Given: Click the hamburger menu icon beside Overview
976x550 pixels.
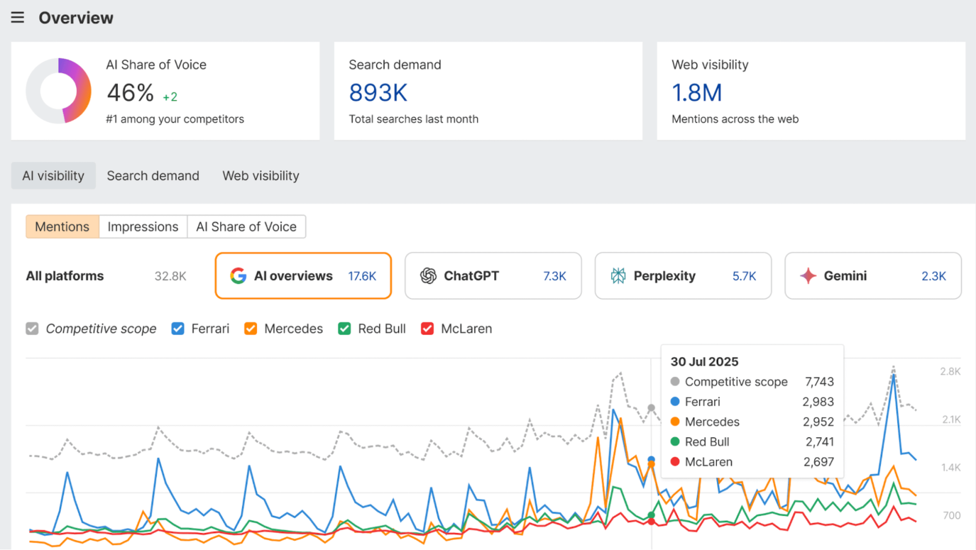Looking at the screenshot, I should tap(18, 18).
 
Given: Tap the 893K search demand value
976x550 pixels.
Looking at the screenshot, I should tap(378, 93).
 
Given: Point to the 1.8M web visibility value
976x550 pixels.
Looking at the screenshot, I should tap(697, 93).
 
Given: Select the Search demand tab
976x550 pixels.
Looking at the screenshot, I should tap(153, 176).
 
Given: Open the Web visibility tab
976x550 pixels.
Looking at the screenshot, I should tap(260, 176).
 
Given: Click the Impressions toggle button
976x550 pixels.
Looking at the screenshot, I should tap(143, 227).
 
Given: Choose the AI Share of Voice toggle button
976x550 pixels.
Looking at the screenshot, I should tap(246, 227).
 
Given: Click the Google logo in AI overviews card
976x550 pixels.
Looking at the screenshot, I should tap(238, 276).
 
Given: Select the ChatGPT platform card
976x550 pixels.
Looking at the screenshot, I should tap(493, 276).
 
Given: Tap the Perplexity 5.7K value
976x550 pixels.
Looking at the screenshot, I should tap(744, 276).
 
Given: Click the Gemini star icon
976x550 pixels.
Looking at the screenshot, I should tap(808, 276).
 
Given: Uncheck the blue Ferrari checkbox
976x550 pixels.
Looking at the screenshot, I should tap(178, 329).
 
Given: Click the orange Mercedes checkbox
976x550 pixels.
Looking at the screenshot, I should tap(251, 329).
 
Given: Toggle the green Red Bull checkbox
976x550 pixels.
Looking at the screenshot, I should tap(345, 329).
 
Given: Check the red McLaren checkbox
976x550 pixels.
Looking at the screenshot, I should tap(428, 329).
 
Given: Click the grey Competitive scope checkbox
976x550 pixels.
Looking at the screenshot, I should tap(32, 329).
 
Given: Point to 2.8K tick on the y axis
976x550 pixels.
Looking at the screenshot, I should tap(950, 371).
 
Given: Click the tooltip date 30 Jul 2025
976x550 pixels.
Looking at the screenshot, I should tap(705, 362).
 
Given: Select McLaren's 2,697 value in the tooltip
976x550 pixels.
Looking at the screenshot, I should tap(819, 462).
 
